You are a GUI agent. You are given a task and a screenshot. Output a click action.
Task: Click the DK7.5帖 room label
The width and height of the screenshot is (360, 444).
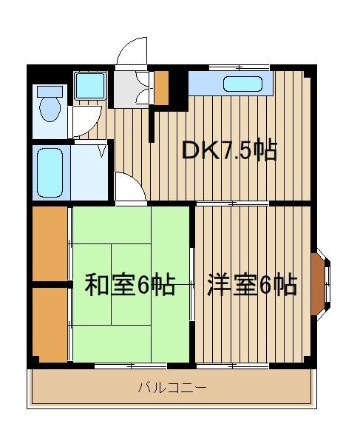(x=229, y=149)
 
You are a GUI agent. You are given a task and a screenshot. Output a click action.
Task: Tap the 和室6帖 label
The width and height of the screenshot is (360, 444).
(x=130, y=285)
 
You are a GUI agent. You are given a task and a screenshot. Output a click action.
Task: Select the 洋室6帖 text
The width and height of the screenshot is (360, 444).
(x=252, y=285)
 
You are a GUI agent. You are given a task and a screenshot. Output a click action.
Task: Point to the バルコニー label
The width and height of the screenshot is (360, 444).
(x=172, y=387)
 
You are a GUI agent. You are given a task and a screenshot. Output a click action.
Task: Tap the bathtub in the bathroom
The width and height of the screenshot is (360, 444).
(x=50, y=172)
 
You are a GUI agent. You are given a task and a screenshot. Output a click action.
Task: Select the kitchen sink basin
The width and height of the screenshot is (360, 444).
(x=242, y=84)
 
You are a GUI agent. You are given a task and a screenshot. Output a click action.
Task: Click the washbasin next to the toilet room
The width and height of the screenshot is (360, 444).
(x=90, y=86)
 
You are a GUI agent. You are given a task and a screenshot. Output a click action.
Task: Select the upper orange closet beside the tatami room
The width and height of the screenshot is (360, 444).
(x=50, y=243)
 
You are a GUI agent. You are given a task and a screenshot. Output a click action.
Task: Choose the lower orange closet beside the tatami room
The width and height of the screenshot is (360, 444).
(x=50, y=325)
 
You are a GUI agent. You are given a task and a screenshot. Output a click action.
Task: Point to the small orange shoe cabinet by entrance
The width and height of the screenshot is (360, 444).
(x=161, y=88)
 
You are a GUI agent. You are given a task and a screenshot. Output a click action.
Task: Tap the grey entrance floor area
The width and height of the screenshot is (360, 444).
(x=125, y=90)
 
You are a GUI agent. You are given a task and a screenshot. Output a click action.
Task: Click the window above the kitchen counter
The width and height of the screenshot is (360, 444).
(x=240, y=67)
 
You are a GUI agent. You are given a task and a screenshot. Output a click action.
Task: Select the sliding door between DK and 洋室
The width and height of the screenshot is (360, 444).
(x=232, y=203)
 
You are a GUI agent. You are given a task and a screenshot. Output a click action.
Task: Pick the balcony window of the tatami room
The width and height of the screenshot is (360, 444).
(x=131, y=366)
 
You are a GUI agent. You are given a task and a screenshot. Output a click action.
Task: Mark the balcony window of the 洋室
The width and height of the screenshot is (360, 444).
(x=232, y=366)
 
